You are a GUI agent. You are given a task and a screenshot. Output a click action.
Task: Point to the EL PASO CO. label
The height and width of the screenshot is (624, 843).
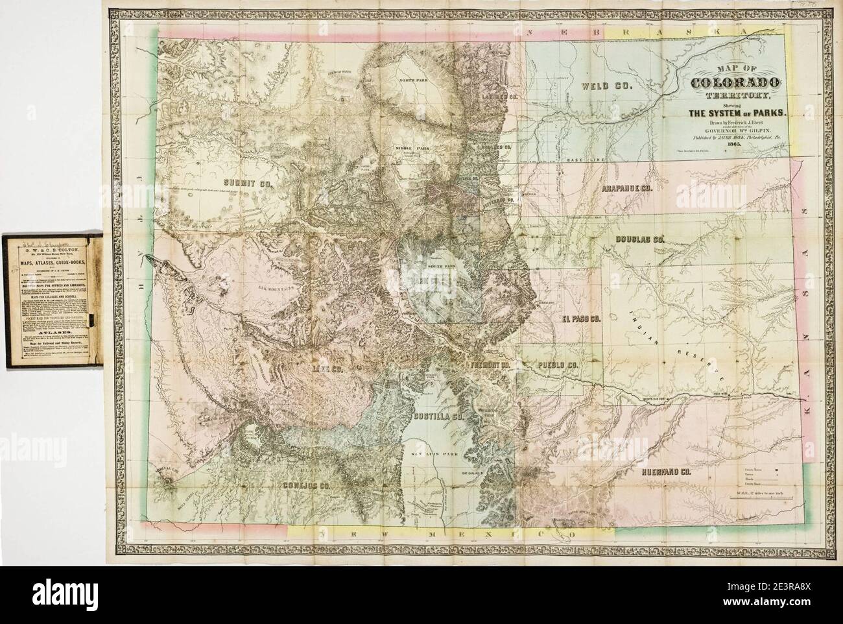coord(582,318)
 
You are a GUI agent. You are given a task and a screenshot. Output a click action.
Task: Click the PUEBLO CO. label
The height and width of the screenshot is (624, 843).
coord(556,365)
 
